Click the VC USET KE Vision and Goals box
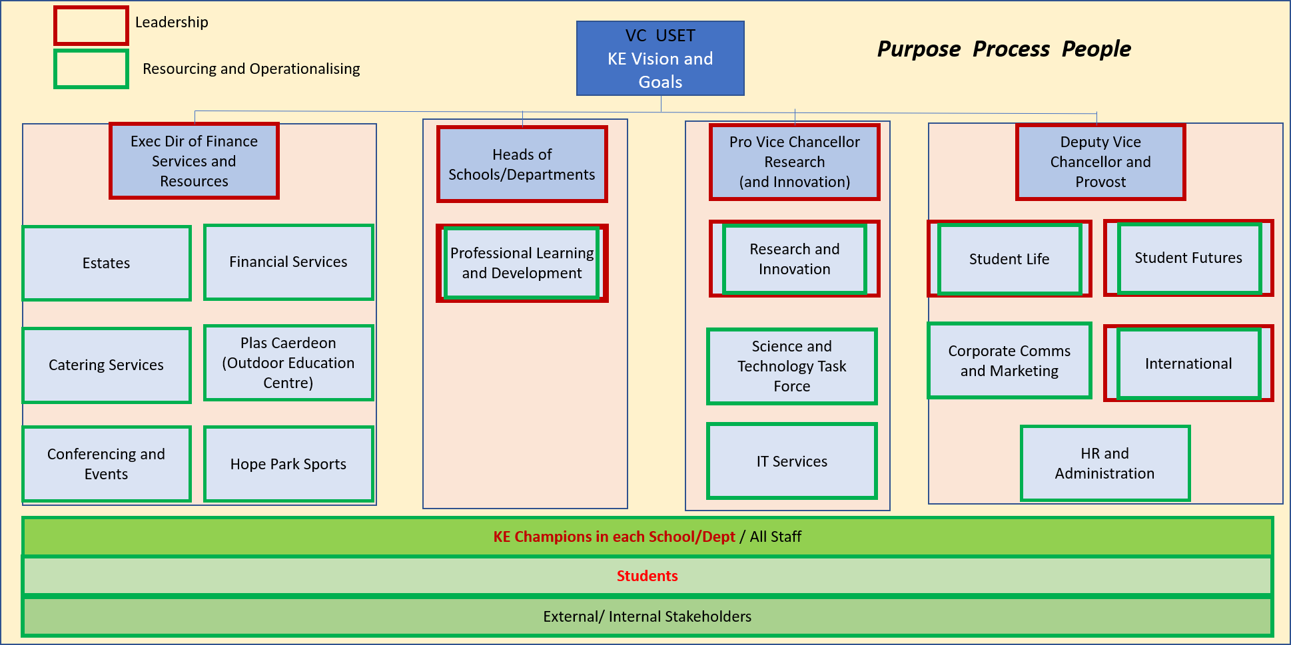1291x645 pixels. coord(659,59)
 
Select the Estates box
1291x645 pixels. coord(107,263)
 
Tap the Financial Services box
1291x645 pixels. coord(288,262)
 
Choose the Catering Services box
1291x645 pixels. coord(107,365)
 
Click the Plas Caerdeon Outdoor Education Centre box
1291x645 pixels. coord(288,363)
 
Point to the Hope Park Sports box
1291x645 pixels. coord(288,464)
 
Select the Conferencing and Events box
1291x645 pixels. coord(107,464)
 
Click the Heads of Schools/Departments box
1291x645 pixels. coord(522,164)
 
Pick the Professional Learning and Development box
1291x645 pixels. coord(522,263)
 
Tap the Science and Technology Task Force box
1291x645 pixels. coord(791,366)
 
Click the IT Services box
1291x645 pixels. coord(791,461)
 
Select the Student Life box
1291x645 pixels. coord(1009,259)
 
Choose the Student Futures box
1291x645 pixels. coord(1188,258)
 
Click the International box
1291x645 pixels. coord(1188,363)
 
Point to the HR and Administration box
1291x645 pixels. coord(1104,463)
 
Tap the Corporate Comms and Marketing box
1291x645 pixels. coord(1009,361)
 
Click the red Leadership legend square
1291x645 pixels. coord(91,25)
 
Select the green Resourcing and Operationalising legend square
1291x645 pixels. coord(91,69)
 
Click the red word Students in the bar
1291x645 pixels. coord(647,576)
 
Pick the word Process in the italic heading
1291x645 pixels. coord(1011,49)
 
